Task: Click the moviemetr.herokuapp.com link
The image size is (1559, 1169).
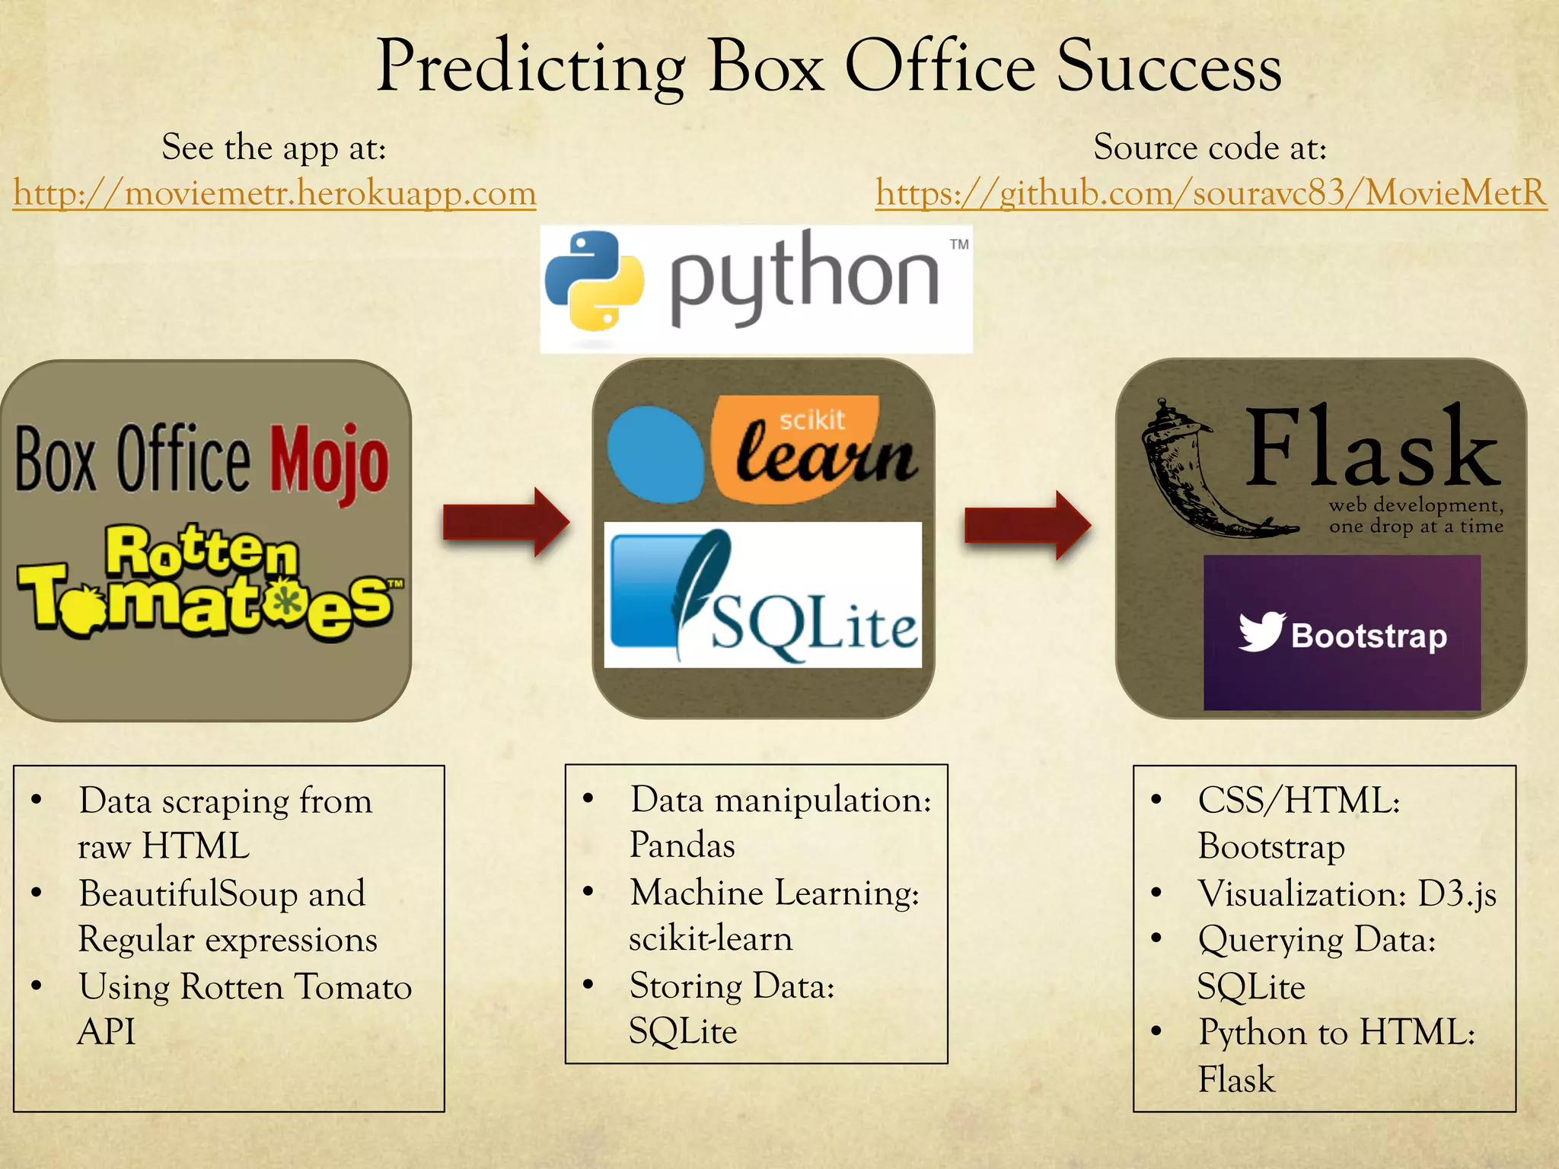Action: pyautogui.click(x=275, y=193)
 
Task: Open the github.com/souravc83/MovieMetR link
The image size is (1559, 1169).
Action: pyautogui.click(x=1210, y=193)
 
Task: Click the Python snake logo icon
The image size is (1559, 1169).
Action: pyautogui.click(x=595, y=281)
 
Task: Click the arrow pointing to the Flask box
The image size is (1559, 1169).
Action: pyautogui.click(x=1028, y=525)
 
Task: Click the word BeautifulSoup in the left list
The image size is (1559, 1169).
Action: pyautogui.click(x=187, y=893)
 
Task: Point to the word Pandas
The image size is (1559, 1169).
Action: pyautogui.click(x=682, y=846)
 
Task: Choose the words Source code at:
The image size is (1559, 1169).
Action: pyautogui.click(x=1210, y=147)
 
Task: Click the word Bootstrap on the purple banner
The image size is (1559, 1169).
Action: pyautogui.click(x=1369, y=635)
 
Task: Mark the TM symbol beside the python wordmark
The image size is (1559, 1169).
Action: pyautogui.click(x=959, y=244)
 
